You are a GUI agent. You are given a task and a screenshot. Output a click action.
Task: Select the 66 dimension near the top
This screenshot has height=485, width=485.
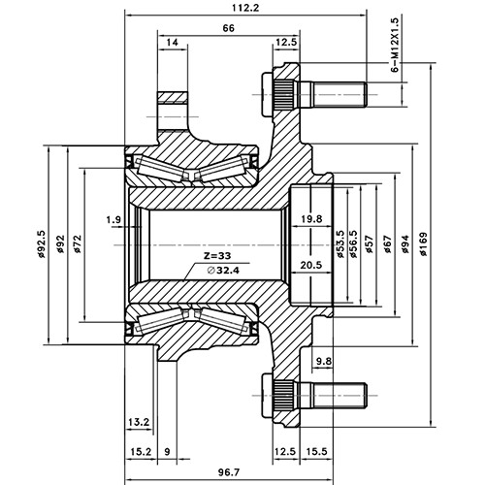point(229,29)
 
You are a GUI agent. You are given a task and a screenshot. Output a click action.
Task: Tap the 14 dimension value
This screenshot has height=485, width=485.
point(173,43)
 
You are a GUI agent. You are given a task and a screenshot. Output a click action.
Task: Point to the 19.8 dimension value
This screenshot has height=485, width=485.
point(311,220)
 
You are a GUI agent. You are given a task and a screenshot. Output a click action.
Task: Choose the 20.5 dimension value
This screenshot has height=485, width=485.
point(311,264)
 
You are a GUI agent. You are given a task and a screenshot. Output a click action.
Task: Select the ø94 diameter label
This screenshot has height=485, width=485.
point(404,246)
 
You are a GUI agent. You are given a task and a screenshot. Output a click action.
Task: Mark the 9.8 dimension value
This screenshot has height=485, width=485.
point(323,362)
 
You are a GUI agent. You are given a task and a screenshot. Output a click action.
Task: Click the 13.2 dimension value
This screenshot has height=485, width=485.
point(138,422)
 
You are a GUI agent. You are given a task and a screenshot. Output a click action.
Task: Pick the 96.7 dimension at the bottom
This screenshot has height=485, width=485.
point(229,472)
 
